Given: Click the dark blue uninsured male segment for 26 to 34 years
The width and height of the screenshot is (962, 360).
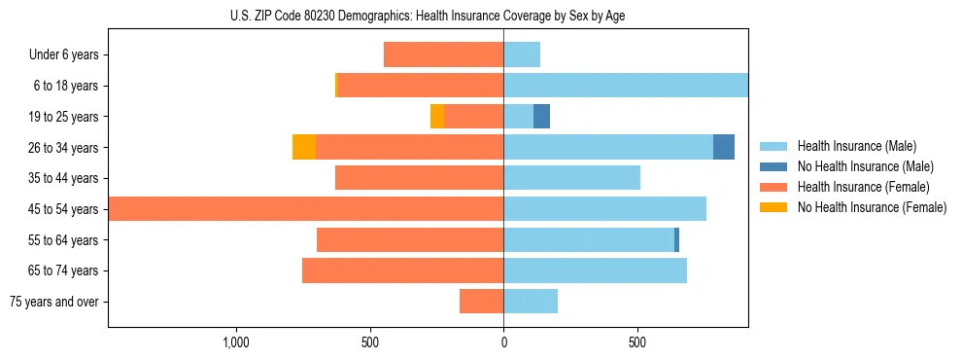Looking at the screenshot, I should [724, 147].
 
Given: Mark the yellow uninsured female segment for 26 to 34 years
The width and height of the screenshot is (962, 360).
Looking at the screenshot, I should [304, 147].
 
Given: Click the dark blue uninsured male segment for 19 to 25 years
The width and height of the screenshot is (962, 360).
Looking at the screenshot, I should [542, 117].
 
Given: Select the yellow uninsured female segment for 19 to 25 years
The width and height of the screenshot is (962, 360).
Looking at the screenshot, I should [437, 117].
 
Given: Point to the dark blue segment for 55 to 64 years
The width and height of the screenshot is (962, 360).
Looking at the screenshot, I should [677, 239].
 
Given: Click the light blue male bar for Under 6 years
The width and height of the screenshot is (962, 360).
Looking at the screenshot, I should [522, 54].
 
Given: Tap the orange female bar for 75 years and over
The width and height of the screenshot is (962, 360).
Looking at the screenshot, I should [481, 302].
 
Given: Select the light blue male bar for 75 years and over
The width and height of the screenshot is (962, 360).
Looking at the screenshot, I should [531, 302].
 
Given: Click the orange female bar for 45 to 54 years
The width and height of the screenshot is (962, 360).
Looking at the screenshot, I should [306, 209].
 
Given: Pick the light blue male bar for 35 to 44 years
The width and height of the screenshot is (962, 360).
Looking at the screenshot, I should [571, 178].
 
